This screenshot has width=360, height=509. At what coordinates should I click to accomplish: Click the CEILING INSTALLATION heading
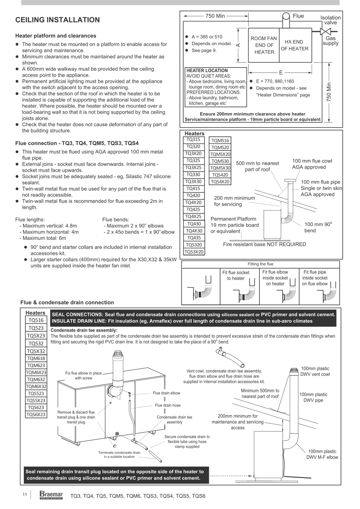(58, 20)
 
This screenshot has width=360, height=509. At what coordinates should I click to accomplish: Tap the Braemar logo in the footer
(51, 495)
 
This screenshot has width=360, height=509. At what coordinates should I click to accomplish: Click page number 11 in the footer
(25, 495)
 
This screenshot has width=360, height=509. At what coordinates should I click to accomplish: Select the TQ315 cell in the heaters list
(193, 140)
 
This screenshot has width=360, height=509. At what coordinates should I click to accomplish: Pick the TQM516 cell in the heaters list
(220, 141)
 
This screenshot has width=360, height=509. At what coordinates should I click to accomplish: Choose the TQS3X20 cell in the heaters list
(194, 252)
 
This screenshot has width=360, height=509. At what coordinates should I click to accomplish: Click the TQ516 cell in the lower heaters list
(36, 320)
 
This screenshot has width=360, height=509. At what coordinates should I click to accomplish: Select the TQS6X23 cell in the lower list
(36, 414)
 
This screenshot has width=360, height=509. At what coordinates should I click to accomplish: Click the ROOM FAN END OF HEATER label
(264, 45)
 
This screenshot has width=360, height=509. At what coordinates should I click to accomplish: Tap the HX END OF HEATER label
(294, 45)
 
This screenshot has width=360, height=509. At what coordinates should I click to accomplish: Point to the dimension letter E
(281, 73)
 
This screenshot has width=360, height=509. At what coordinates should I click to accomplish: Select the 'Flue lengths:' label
(30, 220)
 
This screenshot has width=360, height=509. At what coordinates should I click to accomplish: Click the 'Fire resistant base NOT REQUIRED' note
(264, 244)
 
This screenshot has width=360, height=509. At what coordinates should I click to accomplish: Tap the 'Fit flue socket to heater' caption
(236, 275)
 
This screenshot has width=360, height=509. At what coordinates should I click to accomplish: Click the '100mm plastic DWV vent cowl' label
(315, 371)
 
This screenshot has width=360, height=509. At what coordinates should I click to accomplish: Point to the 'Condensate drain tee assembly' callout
(174, 419)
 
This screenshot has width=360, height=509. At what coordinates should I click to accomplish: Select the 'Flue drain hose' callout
(168, 405)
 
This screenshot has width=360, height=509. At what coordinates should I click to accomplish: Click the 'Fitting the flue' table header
(261, 264)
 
